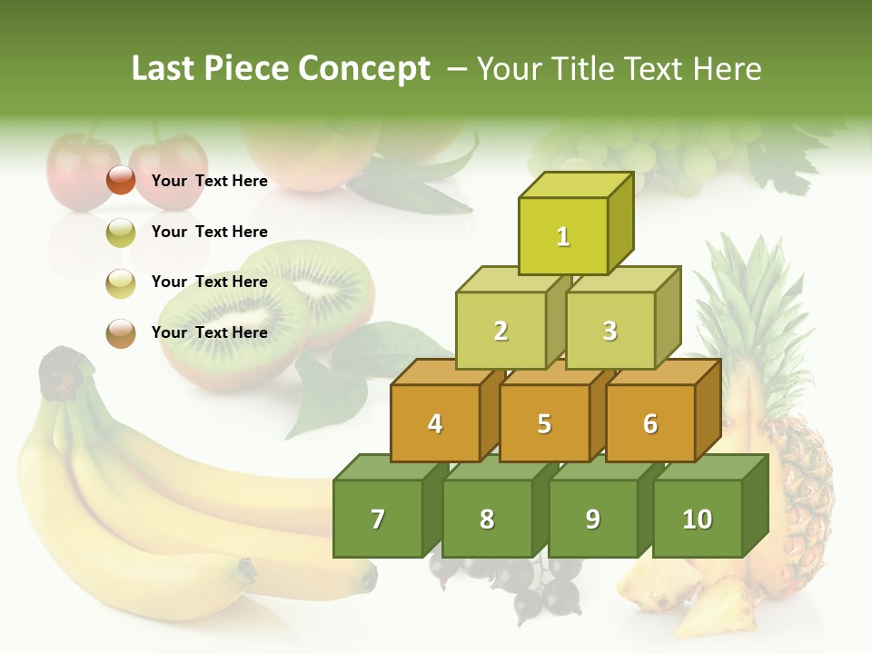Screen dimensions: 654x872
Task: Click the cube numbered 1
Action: pos(563,236)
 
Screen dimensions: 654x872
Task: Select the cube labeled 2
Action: pos(500,331)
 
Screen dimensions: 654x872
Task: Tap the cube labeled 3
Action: pos(609,331)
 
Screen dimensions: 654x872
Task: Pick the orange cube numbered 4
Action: pos(435,423)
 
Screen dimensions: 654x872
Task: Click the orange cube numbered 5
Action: pos(544,423)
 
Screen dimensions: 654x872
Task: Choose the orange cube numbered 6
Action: pos(649,423)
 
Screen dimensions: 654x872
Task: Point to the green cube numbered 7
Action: pos(378,519)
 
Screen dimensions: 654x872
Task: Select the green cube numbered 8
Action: pos(487,519)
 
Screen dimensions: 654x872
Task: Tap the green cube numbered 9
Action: pos(592,519)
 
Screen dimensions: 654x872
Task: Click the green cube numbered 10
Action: pos(697,519)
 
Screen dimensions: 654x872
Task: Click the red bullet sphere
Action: pos(121,181)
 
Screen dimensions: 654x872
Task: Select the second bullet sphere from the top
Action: pos(121,232)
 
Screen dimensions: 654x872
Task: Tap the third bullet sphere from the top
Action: pos(121,282)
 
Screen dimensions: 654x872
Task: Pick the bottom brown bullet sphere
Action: pos(121,332)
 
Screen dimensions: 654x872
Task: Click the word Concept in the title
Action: pos(364,69)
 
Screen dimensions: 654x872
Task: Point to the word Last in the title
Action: pos(163,69)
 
